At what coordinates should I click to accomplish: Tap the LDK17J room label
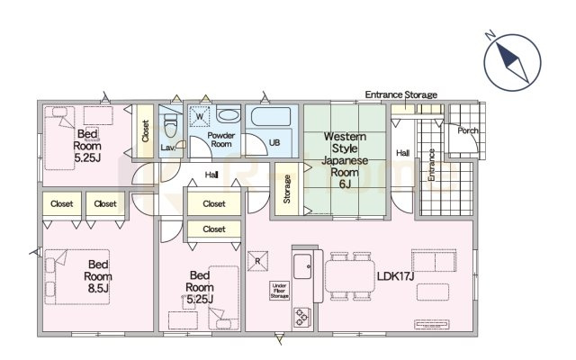pyautogui.click(x=395, y=276)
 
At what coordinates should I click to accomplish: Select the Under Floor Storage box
pyautogui.click(x=279, y=291)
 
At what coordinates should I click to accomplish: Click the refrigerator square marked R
pyautogui.click(x=257, y=261)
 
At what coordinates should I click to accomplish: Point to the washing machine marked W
pyautogui.click(x=200, y=117)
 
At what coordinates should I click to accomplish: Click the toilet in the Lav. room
pyautogui.click(x=170, y=125)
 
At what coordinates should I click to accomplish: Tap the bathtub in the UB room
pyautogui.click(x=271, y=116)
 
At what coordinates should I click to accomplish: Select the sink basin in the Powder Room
pyautogui.click(x=228, y=115)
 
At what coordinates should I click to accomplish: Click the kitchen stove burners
pyautogui.click(x=302, y=317)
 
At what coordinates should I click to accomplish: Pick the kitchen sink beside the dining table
pyautogui.click(x=302, y=266)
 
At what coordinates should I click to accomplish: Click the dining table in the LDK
pyautogui.click(x=349, y=276)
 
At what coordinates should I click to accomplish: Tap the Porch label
pyautogui.click(x=468, y=130)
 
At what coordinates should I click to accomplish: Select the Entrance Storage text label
pyautogui.click(x=400, y=94)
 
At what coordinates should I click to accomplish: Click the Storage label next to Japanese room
pyautogui.click(x=287, y=189)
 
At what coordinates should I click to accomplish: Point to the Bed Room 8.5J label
pyautogui.click(x=98, y=276)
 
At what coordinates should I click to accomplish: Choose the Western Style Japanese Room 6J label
pyautogui.click(x=345, y=160)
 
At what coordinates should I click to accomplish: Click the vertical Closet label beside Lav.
pyautogui.click(x=146, y=130)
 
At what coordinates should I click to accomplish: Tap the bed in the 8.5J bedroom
pyautogui.click(x=77, y=276)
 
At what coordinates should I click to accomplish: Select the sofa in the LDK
pyautogui.click(x=434, y=260)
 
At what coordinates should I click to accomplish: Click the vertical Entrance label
pyautogui.click(x=432, y=165)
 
